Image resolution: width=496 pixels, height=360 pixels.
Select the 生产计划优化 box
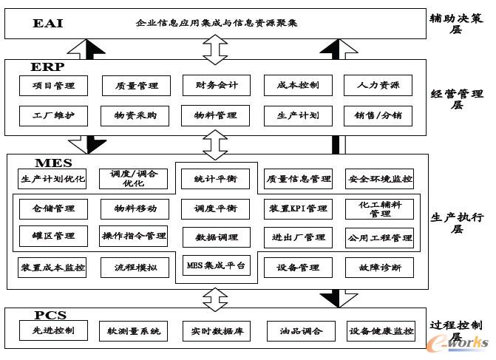tap(53, 179)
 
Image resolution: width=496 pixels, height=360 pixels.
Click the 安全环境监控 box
tap(379, 179)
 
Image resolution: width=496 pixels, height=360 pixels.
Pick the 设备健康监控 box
tap(380, 330)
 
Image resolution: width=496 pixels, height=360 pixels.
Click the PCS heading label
tap(50, 315)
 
